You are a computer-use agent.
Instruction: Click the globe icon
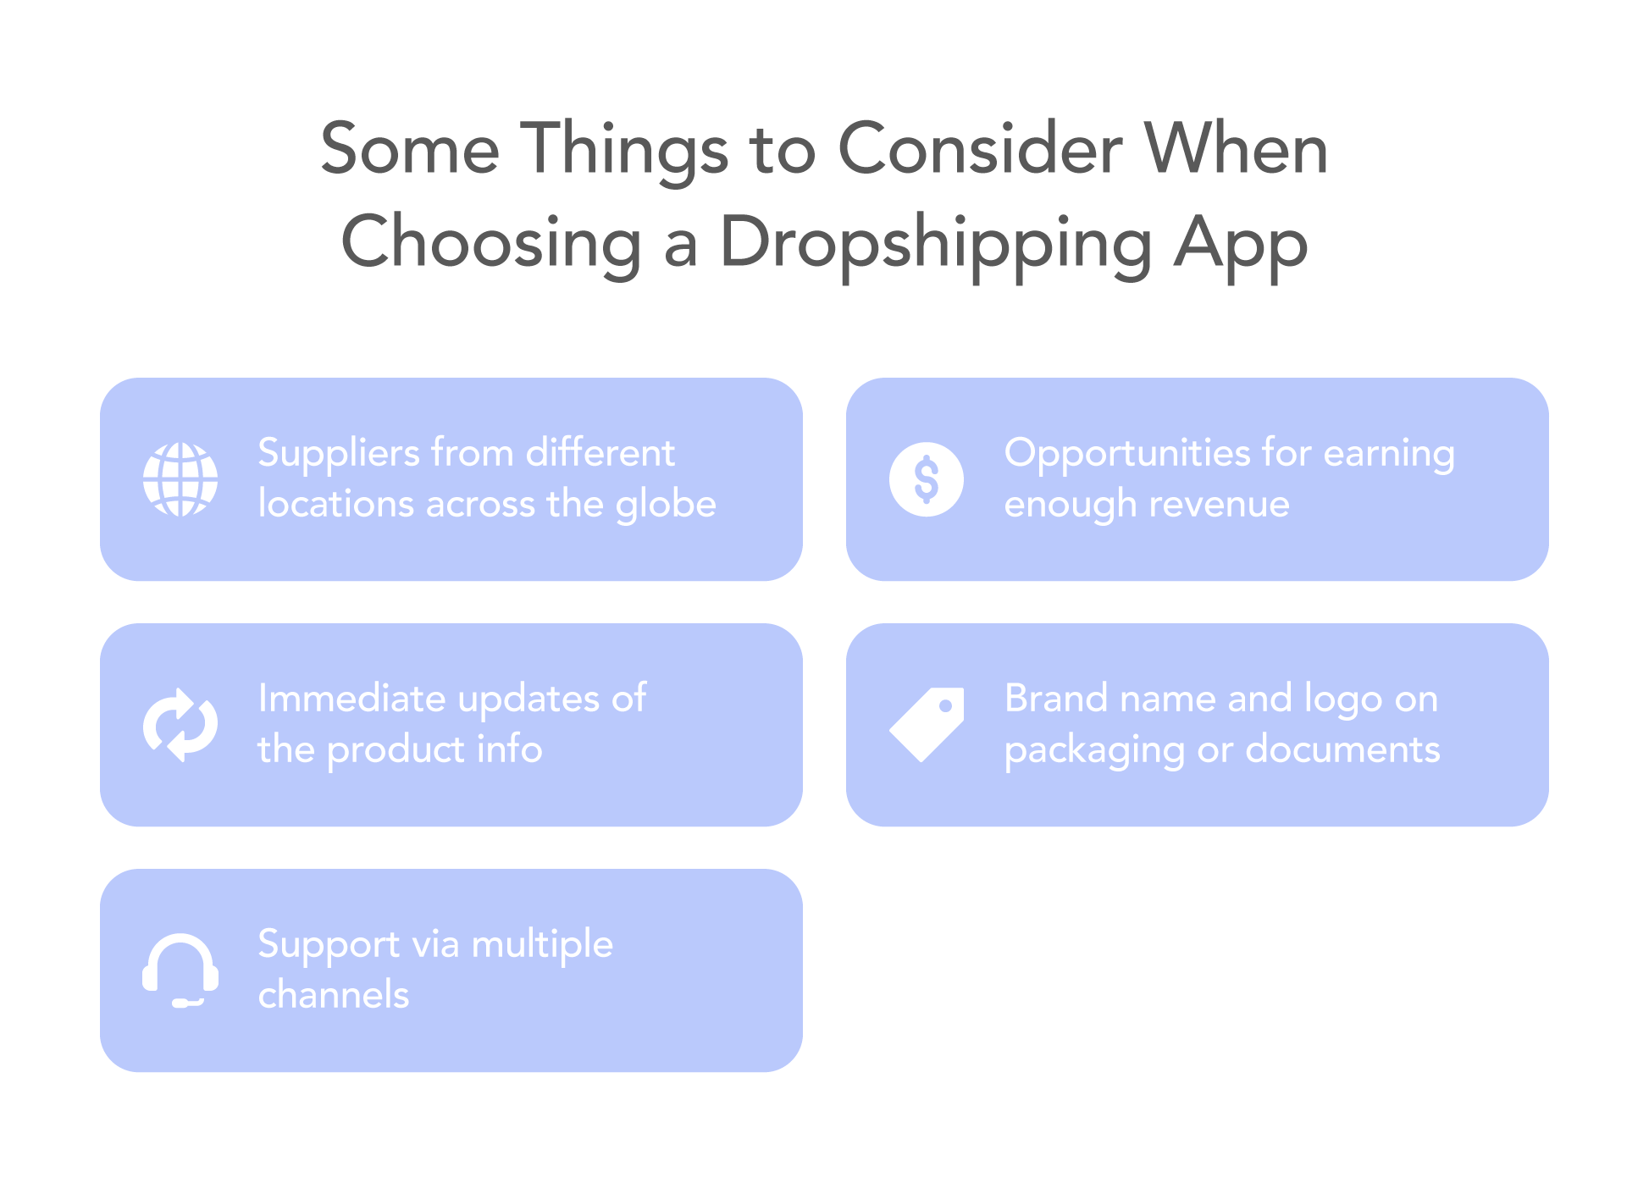[180, 479]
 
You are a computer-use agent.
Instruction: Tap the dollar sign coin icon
[926, 479]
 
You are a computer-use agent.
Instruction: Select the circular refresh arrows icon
[180, 725]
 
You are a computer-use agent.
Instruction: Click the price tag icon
[927, 724]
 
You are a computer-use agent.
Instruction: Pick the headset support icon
[180, 970]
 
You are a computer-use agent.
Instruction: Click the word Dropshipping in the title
[935, 242]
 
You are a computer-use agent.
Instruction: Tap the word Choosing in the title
[490, 242]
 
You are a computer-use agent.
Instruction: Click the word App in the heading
[1240, 242]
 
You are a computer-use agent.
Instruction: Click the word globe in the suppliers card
[666, 505]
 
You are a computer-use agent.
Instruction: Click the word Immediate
[351, 699]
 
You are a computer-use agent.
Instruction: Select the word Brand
[1055, 699]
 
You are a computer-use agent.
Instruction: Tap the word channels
[334, 995]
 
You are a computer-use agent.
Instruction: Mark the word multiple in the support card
[542, 945]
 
